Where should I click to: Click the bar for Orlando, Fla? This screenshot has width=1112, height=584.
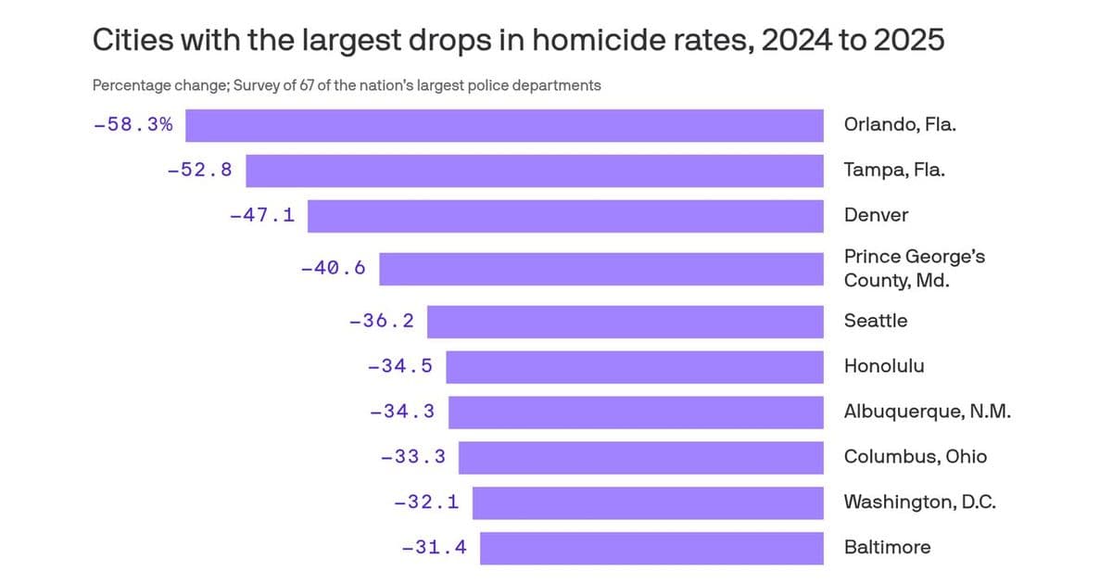click(x=504, y=125)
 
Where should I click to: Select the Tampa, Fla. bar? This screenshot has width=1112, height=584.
click(x=534, y=171)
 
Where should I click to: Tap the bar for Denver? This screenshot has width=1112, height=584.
click(x=565, y=215)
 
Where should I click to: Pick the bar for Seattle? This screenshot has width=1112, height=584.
click(x=625, y=322)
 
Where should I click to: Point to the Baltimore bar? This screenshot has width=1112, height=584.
click(x=651, y=548)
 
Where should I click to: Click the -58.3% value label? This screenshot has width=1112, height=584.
click(x=133, y=125)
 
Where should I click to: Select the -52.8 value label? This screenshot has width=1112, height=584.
click(x=199, y=171)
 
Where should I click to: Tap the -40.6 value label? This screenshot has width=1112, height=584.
click(x=333, y=269)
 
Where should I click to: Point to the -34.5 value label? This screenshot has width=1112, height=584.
click(x=399, y=366)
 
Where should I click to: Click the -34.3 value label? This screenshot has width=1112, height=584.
click(x=401, y=412)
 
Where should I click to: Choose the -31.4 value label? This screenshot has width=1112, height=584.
click(x=434, y=548)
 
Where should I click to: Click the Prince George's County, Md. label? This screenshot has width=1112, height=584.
click(x=914, y=268)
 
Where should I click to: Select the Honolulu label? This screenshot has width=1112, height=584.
click(x=883, y=366)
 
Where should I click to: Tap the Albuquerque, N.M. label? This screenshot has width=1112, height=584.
click(x=927, y=412)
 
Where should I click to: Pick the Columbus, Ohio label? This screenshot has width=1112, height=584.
click(x=915, y=457)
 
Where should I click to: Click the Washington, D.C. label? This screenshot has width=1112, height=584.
click(x=920, y=502)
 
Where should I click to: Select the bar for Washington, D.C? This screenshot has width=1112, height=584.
click(x=648, y=502)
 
